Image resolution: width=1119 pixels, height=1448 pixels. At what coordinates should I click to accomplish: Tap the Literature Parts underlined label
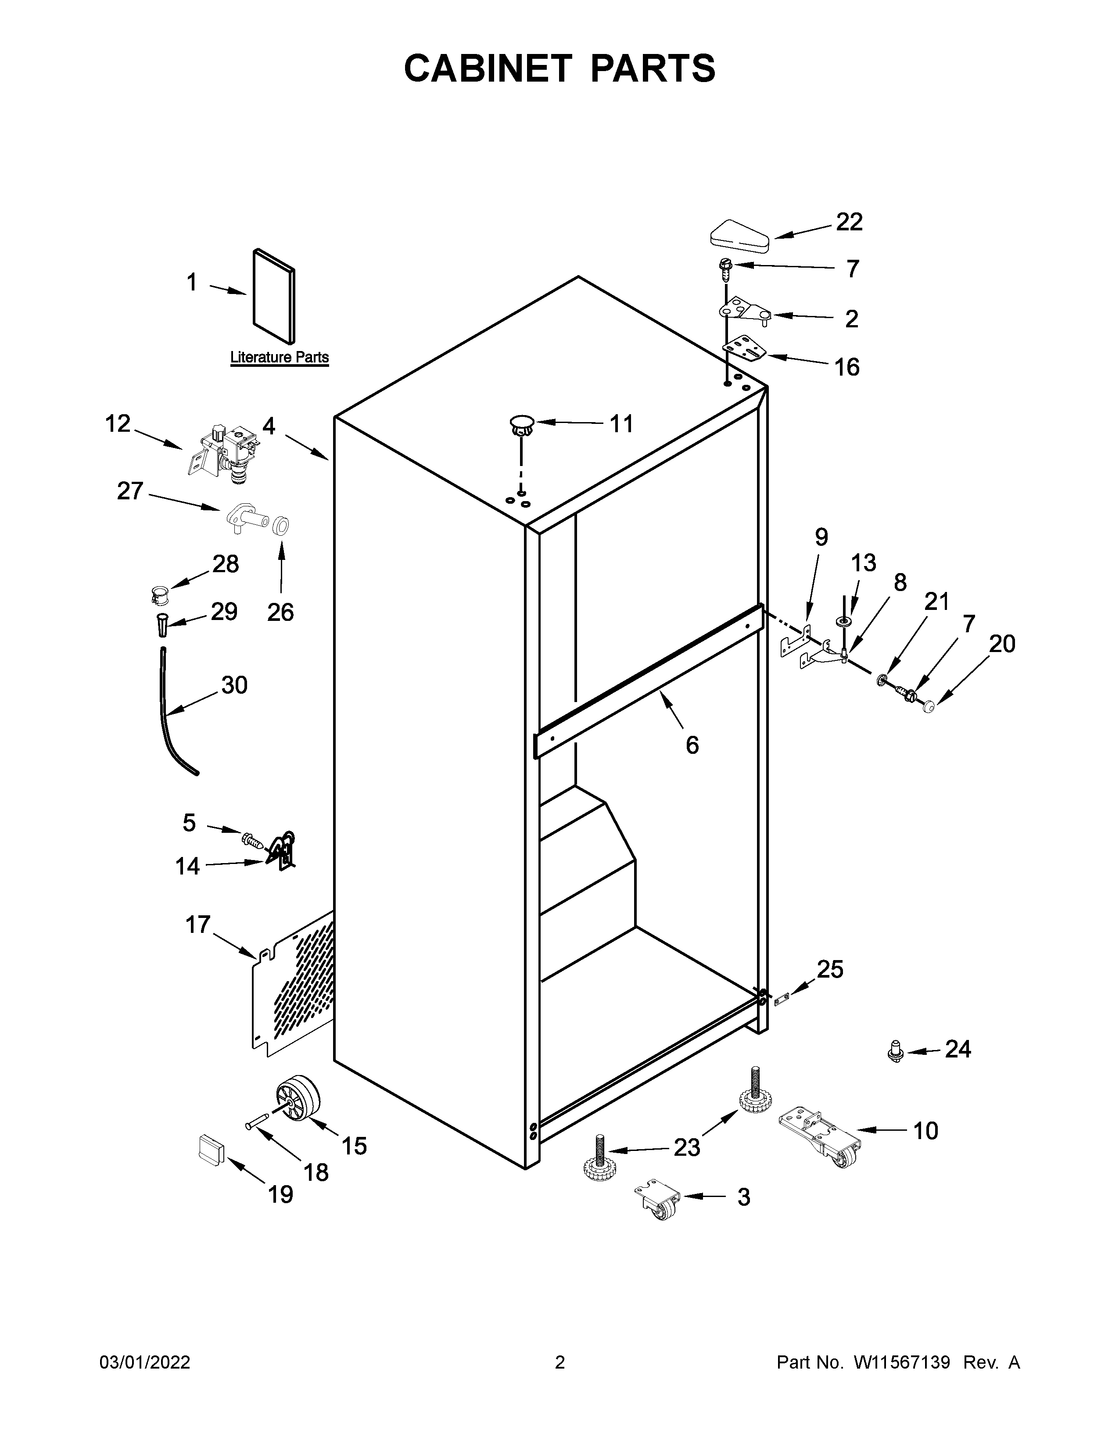tap(279, 357)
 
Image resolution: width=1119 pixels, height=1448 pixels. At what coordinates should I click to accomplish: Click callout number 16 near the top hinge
tap(846, 367)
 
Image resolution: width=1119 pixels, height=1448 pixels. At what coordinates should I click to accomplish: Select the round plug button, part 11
tap(522, 424)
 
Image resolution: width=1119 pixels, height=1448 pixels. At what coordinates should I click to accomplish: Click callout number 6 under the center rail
tap(692, 745)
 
